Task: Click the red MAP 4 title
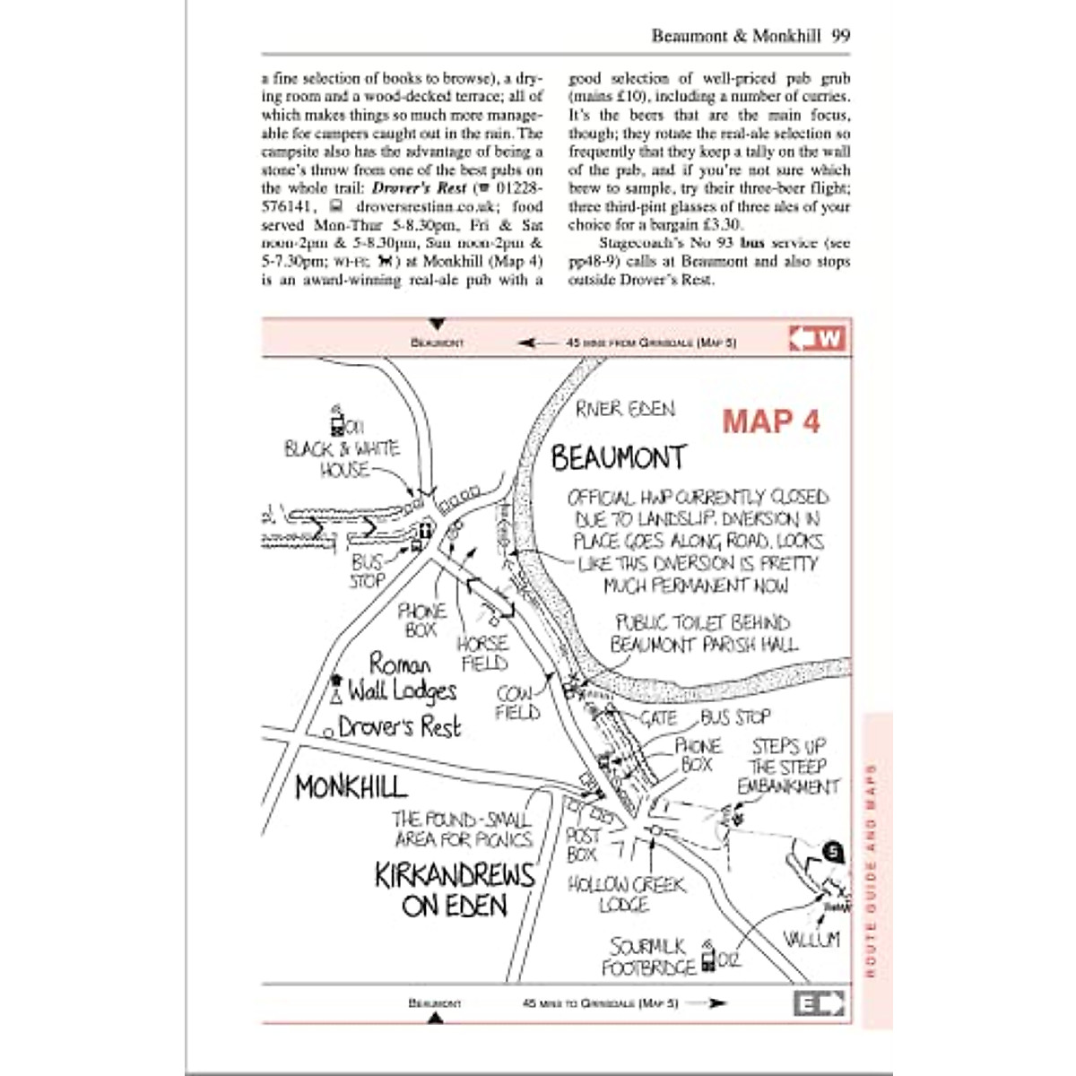point(771,421)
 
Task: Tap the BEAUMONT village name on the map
point(618,458)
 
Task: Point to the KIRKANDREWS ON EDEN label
point(455,889)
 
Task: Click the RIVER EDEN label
point(626,409)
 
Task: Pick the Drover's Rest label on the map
point(399,727)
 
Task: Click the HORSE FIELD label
point(482,654)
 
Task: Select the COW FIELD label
point(516,703)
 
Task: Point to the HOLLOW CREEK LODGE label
point(626,894)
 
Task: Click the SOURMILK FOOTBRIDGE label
point(649,957)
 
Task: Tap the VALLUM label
point(811,939)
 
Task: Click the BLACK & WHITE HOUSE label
point(342,459)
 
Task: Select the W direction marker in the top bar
point(818,339)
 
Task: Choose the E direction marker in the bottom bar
point(819,1003)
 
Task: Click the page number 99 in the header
point(840,37)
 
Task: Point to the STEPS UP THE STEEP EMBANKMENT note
point(788,767)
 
